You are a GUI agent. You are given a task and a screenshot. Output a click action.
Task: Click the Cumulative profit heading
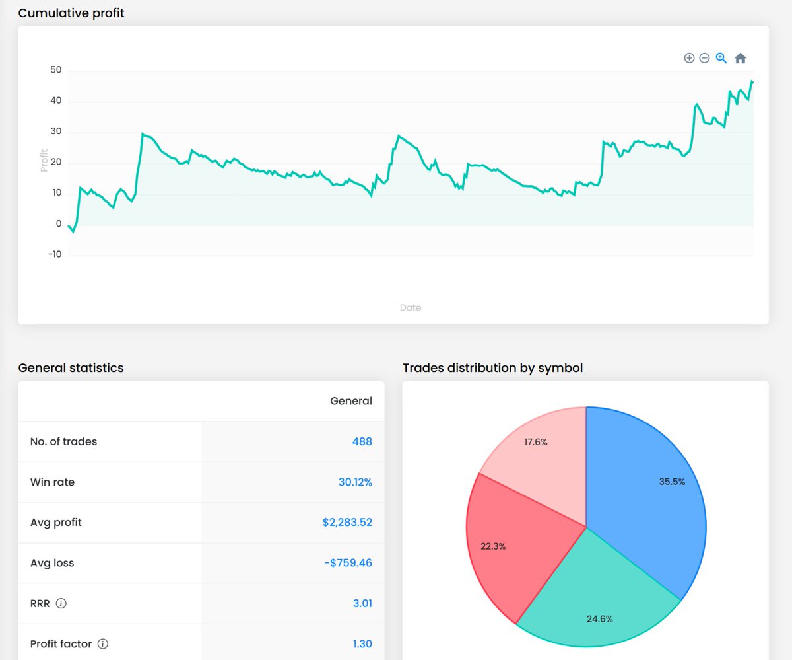click(x=71, y=13)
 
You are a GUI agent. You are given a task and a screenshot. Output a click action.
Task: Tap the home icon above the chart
click(x=741, y=58)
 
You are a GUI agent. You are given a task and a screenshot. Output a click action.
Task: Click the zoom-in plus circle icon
click(x=689, y=58)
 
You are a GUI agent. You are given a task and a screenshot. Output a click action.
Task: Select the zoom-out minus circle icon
click(x=704, y=58)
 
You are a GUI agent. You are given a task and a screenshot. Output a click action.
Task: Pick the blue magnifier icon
click(x=721, y=58)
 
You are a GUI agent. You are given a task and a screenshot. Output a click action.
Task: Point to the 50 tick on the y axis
click(x=55, y=70)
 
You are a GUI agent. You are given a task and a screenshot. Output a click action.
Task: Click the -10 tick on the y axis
click(x=55, y=255)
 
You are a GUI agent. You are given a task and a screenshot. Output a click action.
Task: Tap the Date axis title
click(x=410, y=307)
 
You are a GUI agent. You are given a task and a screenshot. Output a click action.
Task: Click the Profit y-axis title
click(x=44, y=159)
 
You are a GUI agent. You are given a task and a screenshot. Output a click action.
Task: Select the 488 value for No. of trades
click(x=362, y=441)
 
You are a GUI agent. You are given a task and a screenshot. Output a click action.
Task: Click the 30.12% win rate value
click(x=355, y=482)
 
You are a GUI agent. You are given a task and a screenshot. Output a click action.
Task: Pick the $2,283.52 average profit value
click(x=347, y=523)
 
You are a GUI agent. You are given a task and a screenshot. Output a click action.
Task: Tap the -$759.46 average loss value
click(x=348, y=563)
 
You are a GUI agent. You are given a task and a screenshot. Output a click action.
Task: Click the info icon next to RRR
click(x=61, y=603)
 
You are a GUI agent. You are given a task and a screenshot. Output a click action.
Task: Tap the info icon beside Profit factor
click(x=103, y=643)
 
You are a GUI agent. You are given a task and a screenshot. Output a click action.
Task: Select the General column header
click(x=351, y=401)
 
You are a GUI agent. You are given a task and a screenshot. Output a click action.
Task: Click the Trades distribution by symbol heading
click(x=492, y=368)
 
